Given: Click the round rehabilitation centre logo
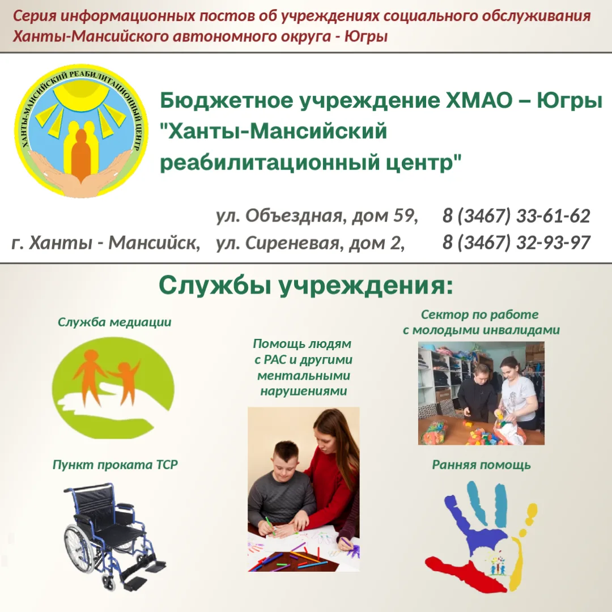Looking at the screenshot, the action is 81,131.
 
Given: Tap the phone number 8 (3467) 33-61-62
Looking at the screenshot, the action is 516,216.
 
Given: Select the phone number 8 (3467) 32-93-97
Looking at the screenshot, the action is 516,243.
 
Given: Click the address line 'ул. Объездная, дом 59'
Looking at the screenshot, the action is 317,216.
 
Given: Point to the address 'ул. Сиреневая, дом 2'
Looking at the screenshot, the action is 311,243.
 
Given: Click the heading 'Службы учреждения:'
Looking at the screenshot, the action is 306,286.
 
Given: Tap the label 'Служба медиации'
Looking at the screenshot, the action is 114,322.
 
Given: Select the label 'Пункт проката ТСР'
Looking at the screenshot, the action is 115,465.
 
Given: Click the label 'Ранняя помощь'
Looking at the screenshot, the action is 481,465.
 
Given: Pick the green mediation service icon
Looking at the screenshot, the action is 113,388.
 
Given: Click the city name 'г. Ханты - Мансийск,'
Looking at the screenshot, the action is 106,243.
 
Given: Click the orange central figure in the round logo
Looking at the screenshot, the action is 81,155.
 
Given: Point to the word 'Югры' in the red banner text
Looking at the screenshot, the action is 366,37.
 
